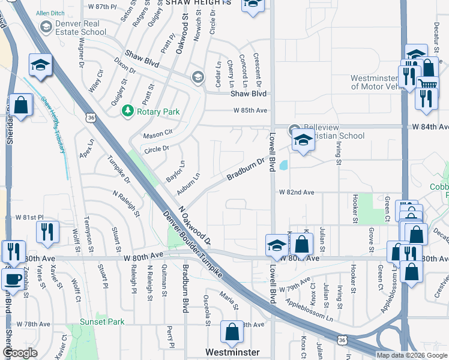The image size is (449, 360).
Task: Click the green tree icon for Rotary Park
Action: pyautogui.click(x=127, y=111)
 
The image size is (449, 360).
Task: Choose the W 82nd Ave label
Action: pyautogui.click(x=297, y=193)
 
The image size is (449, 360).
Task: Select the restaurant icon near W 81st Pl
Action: pyautogui.click(x=46, y=231)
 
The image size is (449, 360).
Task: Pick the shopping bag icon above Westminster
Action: pyautogui.click(x=232, y=331)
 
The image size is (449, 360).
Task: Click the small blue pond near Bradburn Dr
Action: pyautogui.click(x=283, y=164)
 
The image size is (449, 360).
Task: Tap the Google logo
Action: pyautogui.click(x=20, y=353)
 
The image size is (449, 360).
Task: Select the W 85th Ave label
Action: pyautogui.click(x=250, y=110)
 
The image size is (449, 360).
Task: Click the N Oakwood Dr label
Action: pyautogui.click(x=195, y=227)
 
